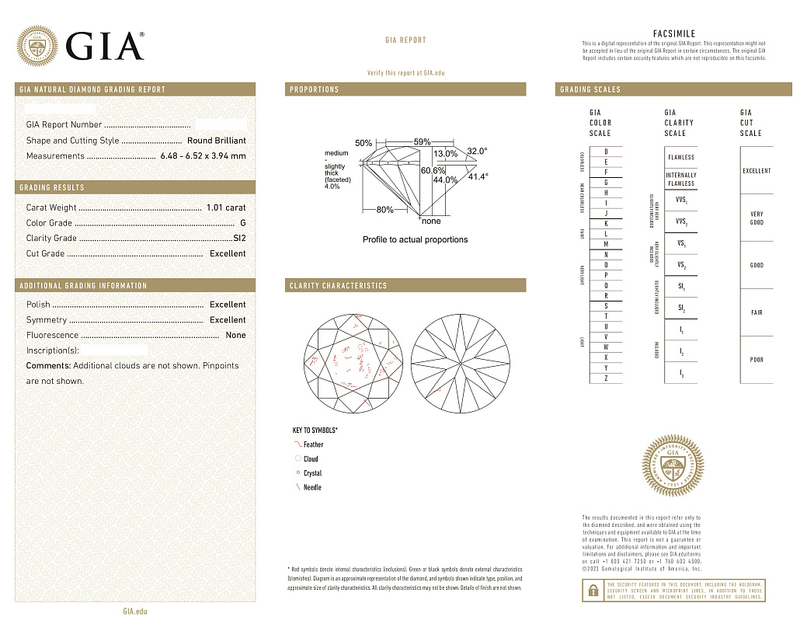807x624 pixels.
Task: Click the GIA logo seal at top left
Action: tap(37, 47)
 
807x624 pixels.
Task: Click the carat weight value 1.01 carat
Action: tap(225, 207)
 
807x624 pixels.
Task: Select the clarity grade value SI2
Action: tap(238, 238)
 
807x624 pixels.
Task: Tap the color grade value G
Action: tap(242, 223)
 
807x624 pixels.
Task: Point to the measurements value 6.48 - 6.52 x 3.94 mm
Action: tap(203, 155)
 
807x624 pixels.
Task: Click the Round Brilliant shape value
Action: tap(216, 141)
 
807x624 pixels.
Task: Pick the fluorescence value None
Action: tap(235, 335)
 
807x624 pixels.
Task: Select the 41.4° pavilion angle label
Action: tap(478, 176)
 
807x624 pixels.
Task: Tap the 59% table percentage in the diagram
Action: tap(422, 141)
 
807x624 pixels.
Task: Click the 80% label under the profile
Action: tap(384, 210)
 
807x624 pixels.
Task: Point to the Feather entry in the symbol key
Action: tap(313, 444)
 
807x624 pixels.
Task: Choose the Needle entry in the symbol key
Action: tap(311, 487)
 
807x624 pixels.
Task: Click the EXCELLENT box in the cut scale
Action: tap(757, 170)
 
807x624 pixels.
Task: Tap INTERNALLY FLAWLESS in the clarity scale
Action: tap(681, 180)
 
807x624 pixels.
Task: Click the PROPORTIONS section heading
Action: tap(315, 89)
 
